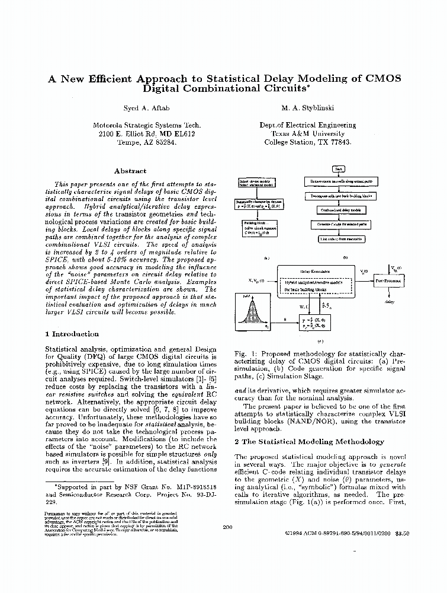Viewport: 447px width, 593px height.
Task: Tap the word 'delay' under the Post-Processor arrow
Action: point(390,302)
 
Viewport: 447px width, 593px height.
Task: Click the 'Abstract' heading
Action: point(130,171)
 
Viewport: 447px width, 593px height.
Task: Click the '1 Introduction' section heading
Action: point(72,334)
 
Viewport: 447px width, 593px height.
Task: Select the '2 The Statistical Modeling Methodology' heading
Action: point(309,442)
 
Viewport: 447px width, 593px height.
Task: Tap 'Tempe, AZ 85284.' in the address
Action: point(146,143)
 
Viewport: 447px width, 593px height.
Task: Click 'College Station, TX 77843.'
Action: point(307,143)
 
